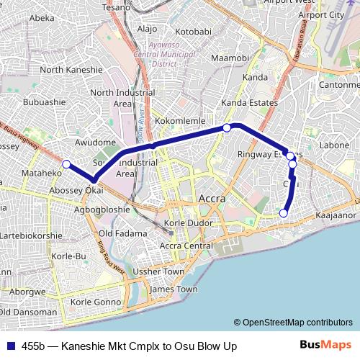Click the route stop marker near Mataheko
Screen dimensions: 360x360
point(66,164)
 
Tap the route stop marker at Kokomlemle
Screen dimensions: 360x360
point(227,127)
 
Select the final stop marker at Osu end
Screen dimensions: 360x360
point(284,213)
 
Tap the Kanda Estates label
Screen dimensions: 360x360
point(249,103)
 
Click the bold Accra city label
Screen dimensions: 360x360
point(211,198)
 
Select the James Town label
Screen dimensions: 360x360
point(173,289)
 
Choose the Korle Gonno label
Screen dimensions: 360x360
point(96,301)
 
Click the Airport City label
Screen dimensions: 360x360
point(322,14)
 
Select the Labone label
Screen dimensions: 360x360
point(333,145)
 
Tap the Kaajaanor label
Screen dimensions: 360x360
point(336,215)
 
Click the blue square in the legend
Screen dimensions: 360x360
point(12,346)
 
